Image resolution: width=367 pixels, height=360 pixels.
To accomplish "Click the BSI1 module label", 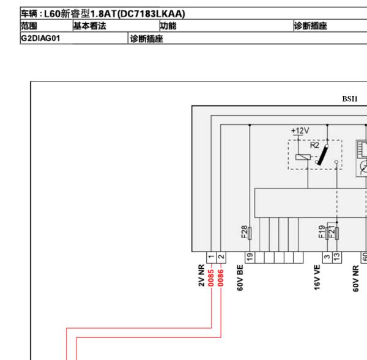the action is (350, 99).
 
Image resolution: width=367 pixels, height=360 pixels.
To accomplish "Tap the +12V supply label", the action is (300, 130).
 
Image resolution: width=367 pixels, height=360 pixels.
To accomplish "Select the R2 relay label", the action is (314, 145).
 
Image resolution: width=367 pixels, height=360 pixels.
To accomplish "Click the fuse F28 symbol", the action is (250, 233).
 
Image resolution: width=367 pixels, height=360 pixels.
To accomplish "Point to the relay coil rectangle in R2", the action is (303, 157).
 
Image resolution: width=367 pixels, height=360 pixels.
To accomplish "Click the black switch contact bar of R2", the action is (323, 155).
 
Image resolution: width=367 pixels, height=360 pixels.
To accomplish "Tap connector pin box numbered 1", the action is (212, 257).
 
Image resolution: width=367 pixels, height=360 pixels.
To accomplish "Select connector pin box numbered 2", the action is (221, 257).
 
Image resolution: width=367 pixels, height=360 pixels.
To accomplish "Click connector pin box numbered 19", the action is (250, 257).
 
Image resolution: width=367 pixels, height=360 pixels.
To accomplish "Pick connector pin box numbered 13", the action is (337, 257).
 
